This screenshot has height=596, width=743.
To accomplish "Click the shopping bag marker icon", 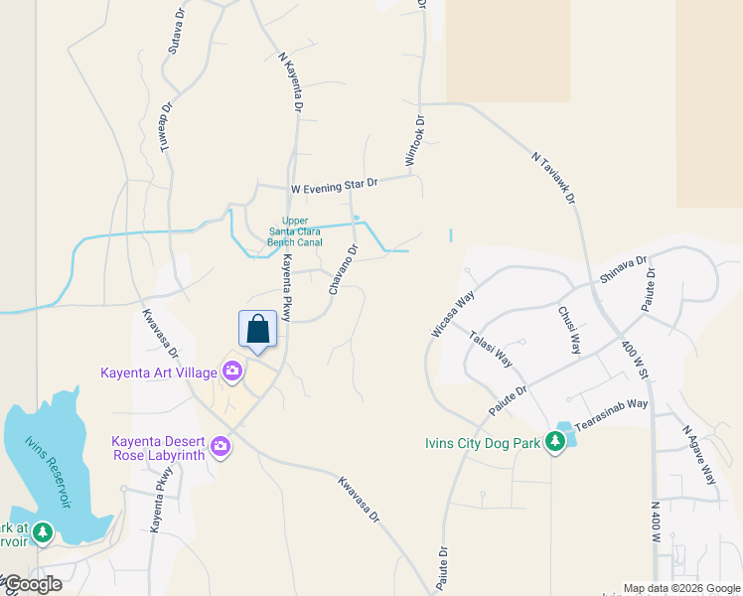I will point(257,329).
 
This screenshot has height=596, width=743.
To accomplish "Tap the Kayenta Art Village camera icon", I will point(232,372).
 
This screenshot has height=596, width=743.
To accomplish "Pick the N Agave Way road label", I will point(699,455).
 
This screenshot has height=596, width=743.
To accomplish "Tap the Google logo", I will point(32,584).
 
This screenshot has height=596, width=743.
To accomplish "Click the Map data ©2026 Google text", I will point(681,588).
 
